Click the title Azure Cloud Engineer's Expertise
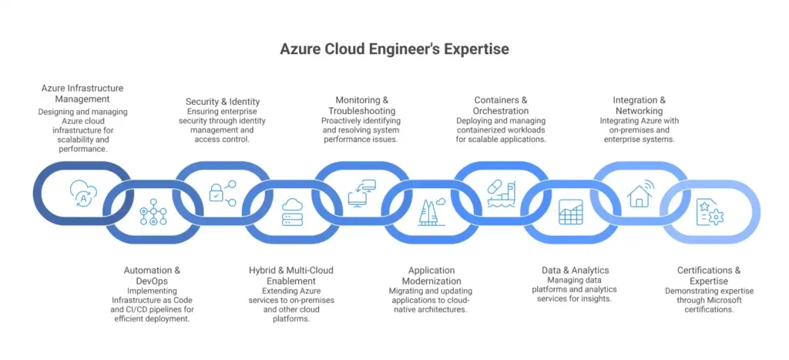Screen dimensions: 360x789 pyautogui.click(x=394, y=49)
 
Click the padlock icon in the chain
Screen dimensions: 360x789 pyautogui.click(x=222, y=191)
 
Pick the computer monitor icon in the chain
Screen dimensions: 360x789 pyautogui.click(x=361, y=191)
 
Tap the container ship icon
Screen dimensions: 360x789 pyautogui.click(x=501, y=191)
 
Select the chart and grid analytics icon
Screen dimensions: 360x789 pyautogui.click(x=571, y=211)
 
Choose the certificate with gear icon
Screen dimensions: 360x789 pyautogui.click(x=710, y=211)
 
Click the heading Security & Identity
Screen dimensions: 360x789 pyautogui.click(x=223, y=101)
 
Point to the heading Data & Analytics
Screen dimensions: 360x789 pyautogui.click(x=576, y=270)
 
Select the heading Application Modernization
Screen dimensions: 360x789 pyautogui.click(x=431, y=275)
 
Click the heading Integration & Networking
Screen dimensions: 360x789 pyautogui.click(x=640, y=106)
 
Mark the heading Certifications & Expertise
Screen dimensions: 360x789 pyautogui.click(x=709, y=275)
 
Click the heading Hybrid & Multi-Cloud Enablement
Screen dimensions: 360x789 pyautogui.click(x=291, y=275)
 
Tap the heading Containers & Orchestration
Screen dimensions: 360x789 pyautogui.click(x=501, y=106)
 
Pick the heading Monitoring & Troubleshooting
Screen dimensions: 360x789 pyautogui.click(x=361, y=106)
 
